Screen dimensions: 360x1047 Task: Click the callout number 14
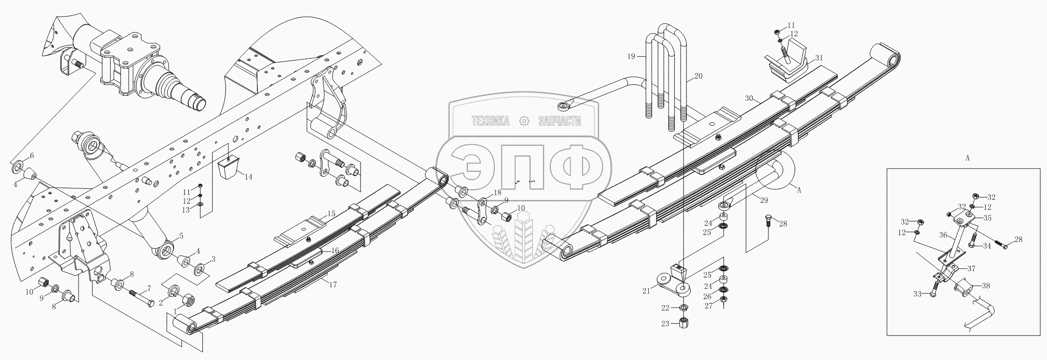pos(248,177)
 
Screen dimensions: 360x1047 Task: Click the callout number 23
pos(665,324)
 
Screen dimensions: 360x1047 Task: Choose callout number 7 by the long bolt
pos(149,288)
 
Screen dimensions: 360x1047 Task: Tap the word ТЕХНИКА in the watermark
pos(490,121)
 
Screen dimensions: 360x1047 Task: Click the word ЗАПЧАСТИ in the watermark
pos(559,121)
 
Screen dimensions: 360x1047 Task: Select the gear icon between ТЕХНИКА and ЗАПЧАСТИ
pos(524,121)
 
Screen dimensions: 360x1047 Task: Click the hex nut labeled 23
pos(684,323)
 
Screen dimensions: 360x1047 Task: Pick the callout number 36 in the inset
pos(943,235)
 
